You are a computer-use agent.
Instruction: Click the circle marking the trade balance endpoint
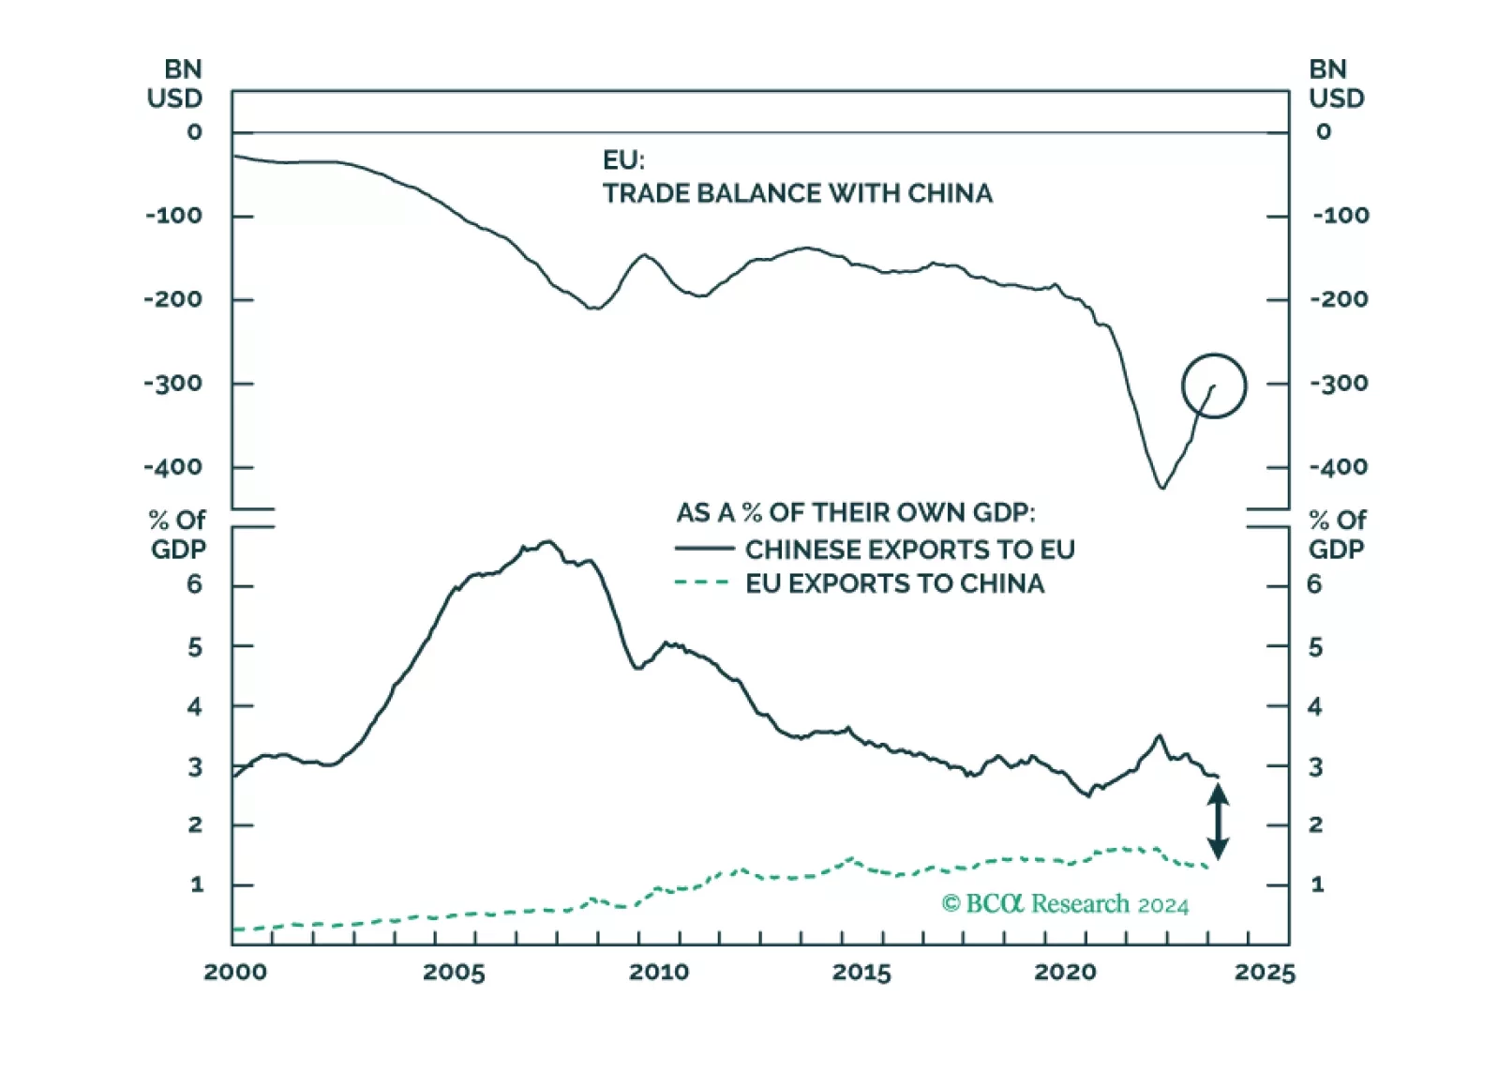1213,385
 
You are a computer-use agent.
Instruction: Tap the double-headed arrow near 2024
1217,822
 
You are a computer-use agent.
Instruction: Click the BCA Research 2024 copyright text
1065,904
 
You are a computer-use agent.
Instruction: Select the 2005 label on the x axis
454,972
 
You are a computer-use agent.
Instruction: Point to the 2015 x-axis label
861,972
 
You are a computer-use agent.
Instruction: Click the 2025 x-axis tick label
1264,972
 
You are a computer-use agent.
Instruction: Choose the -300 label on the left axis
173,384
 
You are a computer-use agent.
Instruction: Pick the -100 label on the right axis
1341,216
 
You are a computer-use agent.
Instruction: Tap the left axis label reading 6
194,585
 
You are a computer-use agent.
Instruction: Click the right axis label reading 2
1315,825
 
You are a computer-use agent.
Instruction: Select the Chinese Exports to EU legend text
909,550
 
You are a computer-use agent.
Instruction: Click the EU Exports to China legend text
894,583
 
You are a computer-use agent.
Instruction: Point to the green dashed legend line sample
701,582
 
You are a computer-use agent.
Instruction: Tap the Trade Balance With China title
797,193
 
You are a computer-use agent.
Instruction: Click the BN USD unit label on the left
175,84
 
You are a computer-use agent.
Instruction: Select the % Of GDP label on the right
1337,534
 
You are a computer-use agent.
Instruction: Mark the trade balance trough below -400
1162,487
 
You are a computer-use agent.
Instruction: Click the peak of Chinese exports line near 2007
548,541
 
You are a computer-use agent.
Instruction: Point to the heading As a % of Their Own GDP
855,513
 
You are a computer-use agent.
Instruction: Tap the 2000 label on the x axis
235,972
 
